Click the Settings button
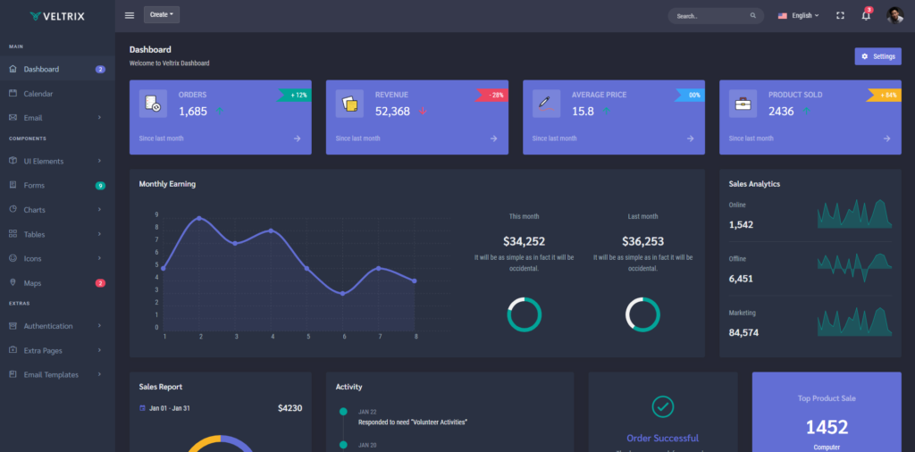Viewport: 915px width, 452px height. click(877, 56)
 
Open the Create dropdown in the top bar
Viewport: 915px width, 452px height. click(161, 15)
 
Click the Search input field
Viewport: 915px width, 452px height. click(710, 16)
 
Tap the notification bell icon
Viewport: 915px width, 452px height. click(865, 15)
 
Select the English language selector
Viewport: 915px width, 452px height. click(798, 15)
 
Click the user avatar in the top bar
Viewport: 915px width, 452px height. click(894, 15)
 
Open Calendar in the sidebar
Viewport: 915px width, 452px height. click(38, 94)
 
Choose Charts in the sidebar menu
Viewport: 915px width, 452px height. click(34, 210)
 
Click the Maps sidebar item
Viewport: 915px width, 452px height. click(32, 283)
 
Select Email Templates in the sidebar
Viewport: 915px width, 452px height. click(51, 374)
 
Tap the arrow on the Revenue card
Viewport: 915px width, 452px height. click(493, 138)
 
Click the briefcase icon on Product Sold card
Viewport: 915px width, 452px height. click(743, 104)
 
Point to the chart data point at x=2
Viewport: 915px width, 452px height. click(199, 218)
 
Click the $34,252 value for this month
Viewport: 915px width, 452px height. click(524, 241)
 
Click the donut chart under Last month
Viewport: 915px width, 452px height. click(642, 314)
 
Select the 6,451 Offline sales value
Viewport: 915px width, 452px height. click(741, 279)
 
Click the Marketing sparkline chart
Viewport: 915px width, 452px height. click(854, 322)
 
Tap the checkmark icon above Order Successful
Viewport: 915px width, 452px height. click(662, 406)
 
